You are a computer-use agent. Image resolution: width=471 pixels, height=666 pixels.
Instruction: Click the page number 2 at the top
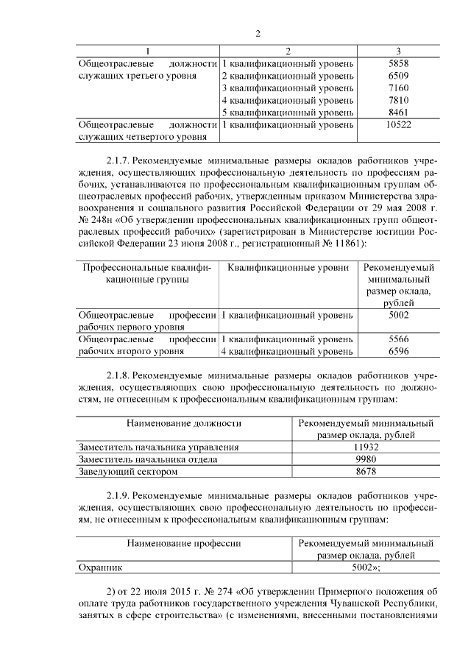tap(258, 34)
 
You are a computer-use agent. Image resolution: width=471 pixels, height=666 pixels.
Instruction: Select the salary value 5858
tap(397, 63)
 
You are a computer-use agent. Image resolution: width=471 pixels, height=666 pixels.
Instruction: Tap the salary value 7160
tap(397, 88)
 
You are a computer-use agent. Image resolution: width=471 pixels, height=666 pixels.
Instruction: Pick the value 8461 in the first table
tap(397, 113)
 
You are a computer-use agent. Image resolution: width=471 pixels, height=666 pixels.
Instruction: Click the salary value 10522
tap(397, 125)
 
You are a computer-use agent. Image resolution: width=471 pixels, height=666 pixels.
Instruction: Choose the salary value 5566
tap(397, 339)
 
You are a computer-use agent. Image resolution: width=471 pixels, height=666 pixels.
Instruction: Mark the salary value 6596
tap(397, 352)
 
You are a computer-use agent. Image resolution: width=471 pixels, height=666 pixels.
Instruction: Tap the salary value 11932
tap(365, 447)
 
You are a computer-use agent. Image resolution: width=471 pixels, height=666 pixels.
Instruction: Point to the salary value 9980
tap(365, 458)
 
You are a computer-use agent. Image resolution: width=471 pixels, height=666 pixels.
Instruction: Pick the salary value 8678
tap(365, 471)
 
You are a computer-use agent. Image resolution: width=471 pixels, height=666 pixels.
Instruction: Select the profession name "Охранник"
tap(101, 567)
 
